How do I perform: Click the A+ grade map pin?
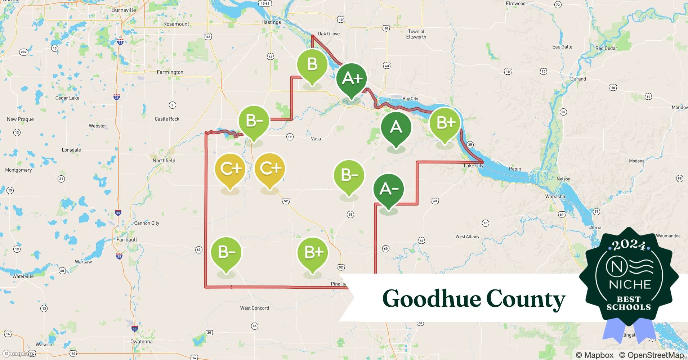(x=352, y=79)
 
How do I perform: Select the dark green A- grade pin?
(x=388, y=189)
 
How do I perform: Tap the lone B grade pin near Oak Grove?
(x=312, y=65)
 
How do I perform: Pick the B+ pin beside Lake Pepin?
(x=445, y=123)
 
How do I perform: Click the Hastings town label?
(x=271, y=22)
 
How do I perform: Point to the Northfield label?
(x=164, y=161)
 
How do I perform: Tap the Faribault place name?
(x=127, y=239)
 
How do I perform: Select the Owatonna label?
(x=141, y=341)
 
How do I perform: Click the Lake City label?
(x=473, y=166)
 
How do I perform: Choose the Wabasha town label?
(x=555, y=197)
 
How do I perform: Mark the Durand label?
(x=578, y=79)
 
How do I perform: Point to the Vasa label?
(x=316, y=139)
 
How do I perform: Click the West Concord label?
(x=254, y=308)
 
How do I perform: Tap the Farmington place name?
(x=170, y=72)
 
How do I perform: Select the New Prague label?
(x=20, y=119)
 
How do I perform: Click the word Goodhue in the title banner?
(x=432, y=299)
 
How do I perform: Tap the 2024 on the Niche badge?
(x=629, y=245)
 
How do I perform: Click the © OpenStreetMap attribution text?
(x=651, y=355)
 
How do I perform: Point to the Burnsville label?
(x=124, y=10)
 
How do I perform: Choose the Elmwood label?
(x=515, y=4)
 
